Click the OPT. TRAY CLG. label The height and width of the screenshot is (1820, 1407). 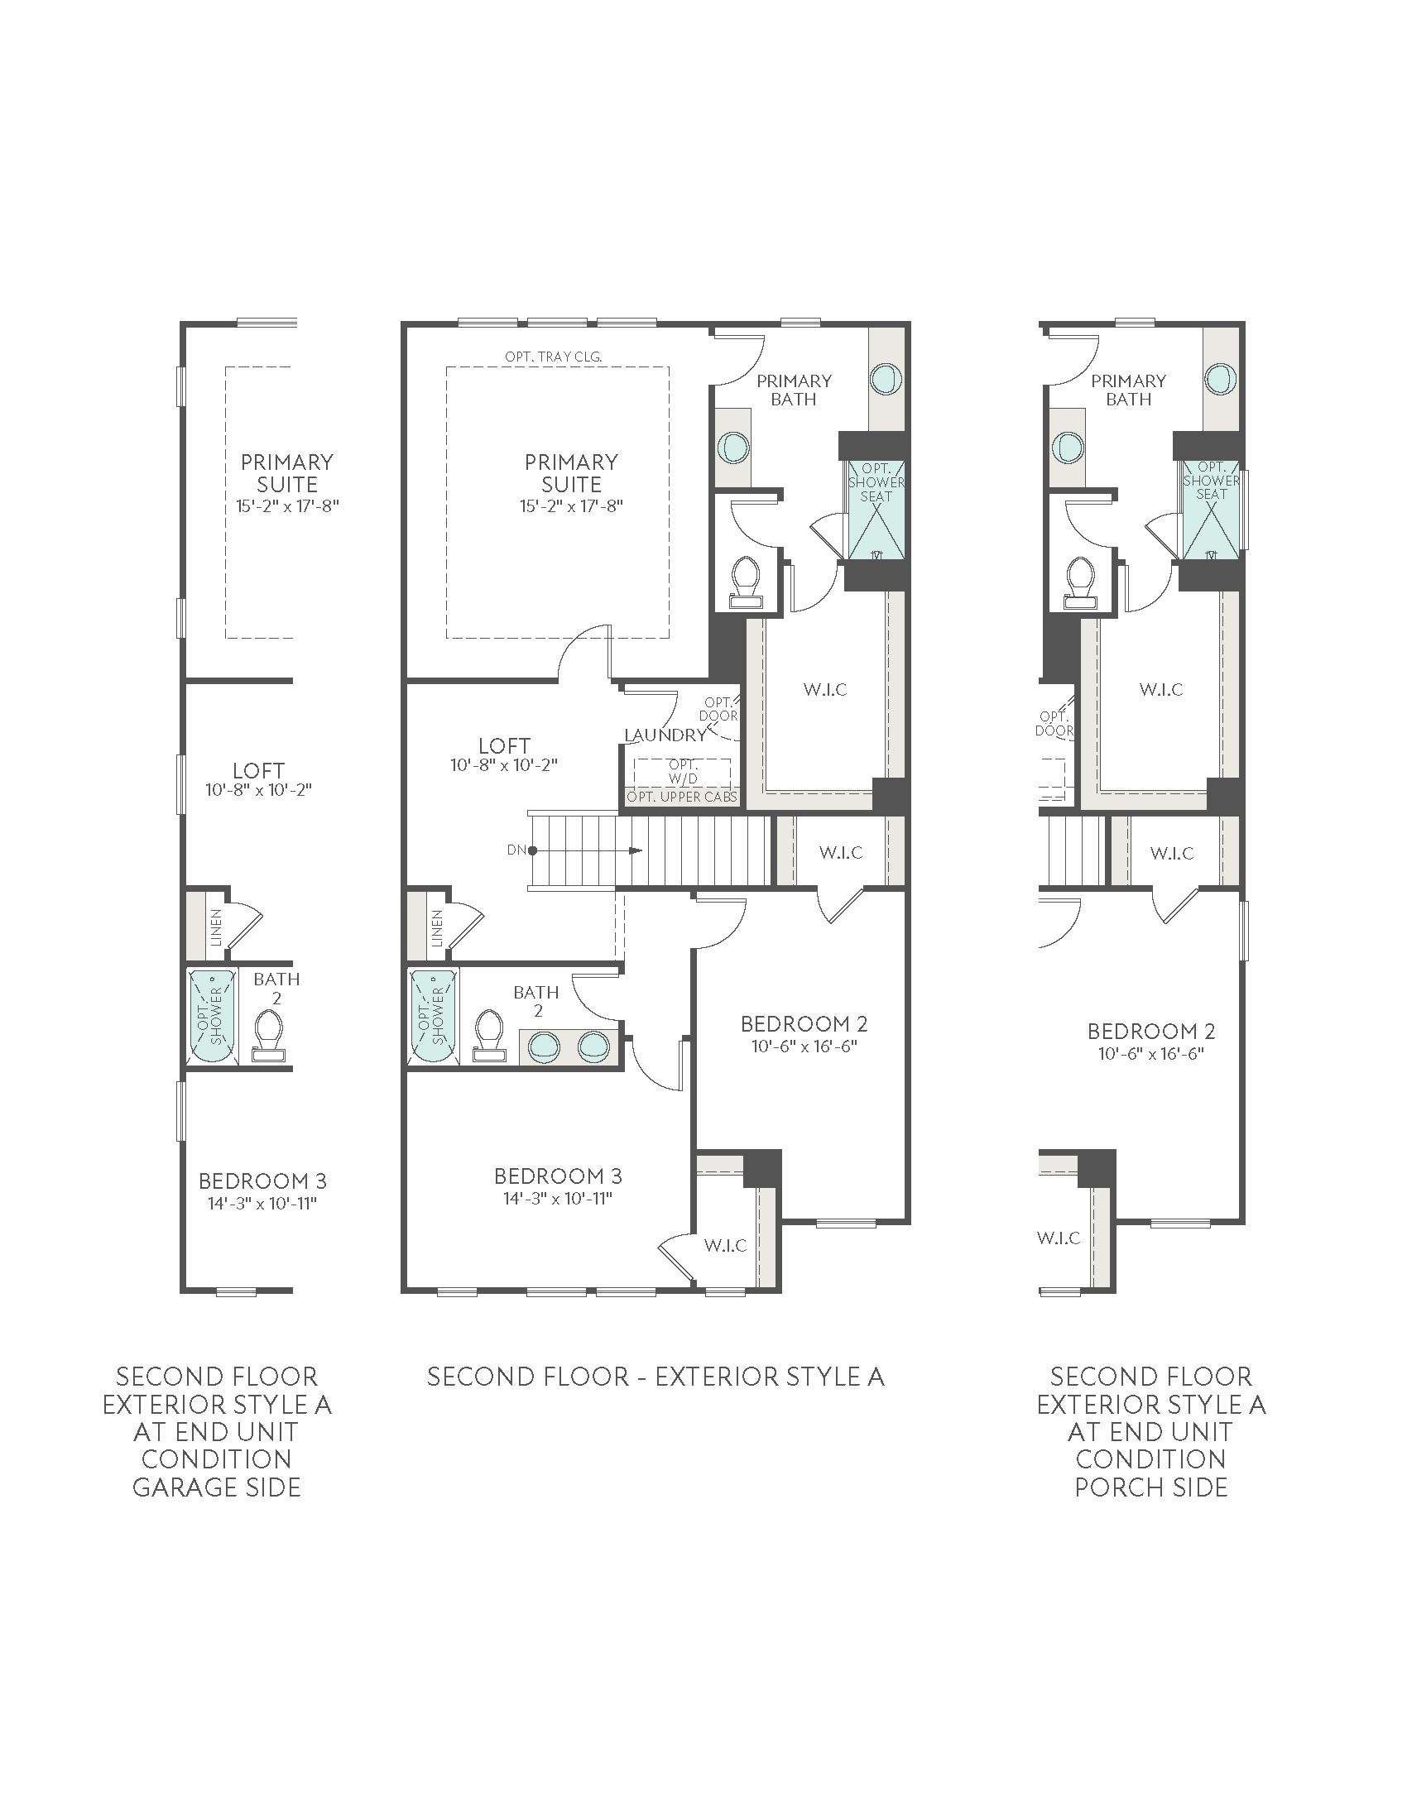click(554, 357)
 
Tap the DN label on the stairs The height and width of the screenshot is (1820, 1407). click(516, 850)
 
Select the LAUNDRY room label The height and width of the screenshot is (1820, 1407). click(665, 735)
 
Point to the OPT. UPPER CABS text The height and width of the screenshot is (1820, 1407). click(682, 797)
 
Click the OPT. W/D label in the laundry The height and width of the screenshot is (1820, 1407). click(683, 772)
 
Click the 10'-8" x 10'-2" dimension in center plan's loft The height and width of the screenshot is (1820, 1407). click(504, 765)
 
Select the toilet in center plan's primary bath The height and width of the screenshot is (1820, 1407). click(745, 581)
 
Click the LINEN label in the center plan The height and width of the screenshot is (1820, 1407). click(437, 928)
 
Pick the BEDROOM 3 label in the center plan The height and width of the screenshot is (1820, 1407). click(558, 1176)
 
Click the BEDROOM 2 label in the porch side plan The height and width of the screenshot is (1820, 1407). click(1151, 1032)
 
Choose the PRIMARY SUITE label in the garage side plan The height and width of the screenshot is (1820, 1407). click(286, 473)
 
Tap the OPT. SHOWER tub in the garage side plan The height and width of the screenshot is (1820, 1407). click(211, 1017)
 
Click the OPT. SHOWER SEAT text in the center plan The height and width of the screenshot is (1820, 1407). click(876, 482)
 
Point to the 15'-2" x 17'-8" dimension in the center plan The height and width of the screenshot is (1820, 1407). click(571, 505)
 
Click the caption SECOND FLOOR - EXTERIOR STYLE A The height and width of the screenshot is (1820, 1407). click(655, 1377)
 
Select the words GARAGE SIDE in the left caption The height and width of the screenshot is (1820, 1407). click(217, 1487)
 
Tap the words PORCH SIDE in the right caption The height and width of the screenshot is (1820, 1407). click(1151, 1487)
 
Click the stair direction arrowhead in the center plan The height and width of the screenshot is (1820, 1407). click(636, 850)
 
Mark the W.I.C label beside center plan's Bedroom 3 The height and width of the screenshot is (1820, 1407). click(725, 1246)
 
